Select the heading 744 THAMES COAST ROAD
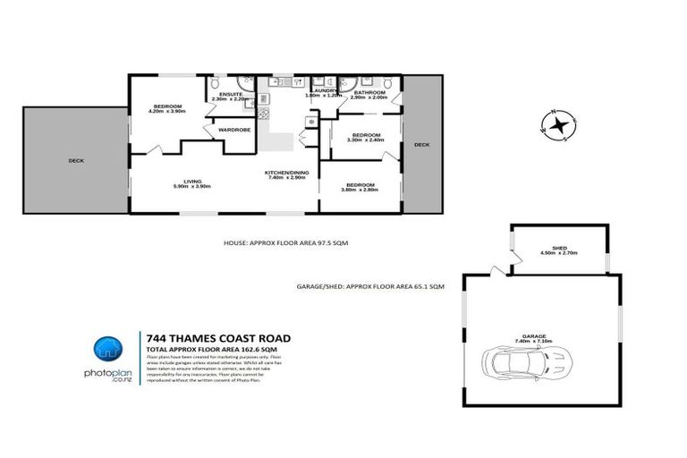pyautogui.click(x=217, y=338)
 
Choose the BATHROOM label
pyautogui.click(x=369, y=92)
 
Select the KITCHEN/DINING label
pyautogui.click(x=287, y=173)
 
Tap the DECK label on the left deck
pyautogui.click(x=76, y=161)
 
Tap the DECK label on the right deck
pyautogui.click(x=422, y=144)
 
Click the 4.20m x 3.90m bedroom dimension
pyautogui.click(x=167, y=111)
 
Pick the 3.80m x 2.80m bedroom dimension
pyautogui.click(x=362, y=190)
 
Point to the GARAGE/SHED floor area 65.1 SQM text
pyautogui.click(x=370, y=287)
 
